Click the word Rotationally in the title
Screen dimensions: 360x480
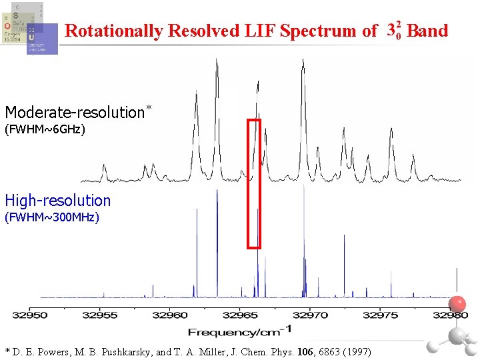(114, 31)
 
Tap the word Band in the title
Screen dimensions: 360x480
(427, 31)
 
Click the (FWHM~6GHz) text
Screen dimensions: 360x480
(45, 129)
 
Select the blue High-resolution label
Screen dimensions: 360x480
(58, 200)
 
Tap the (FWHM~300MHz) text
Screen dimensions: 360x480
(52, 217)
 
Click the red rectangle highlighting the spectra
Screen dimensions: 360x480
(254, 183)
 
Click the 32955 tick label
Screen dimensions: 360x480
(101, 315)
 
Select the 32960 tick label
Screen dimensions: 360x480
(171, 315)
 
